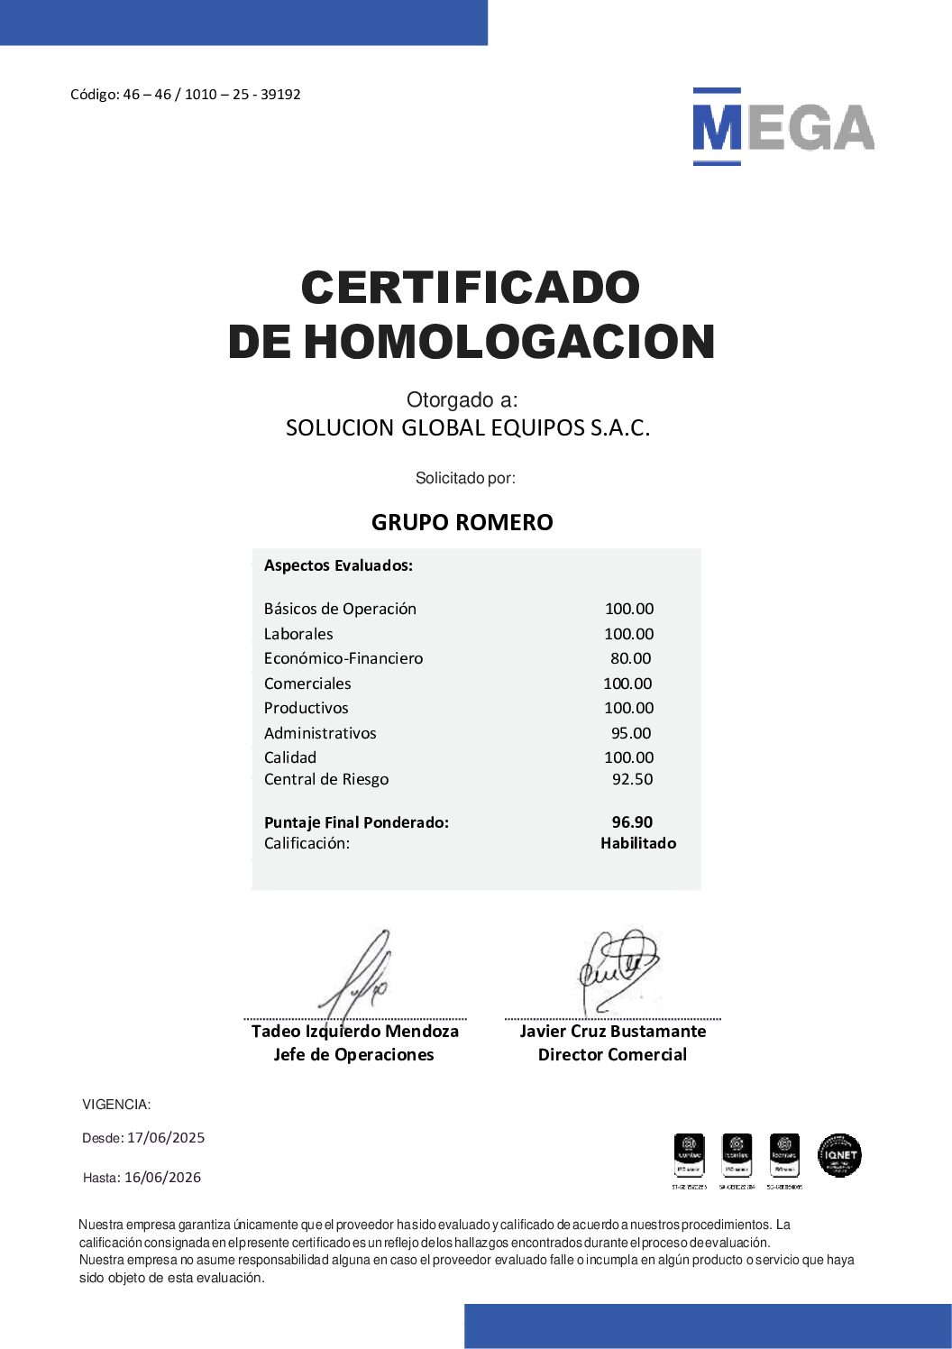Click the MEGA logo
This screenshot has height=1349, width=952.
pyautogui.click(x=783, y=127)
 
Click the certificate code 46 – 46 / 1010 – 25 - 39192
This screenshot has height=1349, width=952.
pyautogui.click(x=212, y=95)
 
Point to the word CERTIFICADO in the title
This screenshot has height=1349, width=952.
pyautogui.click(x=470, y=288)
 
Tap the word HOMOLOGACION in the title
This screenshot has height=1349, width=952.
pyautogui.click(x=509, y=342)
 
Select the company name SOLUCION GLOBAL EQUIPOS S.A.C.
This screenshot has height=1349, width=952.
pyautogui.click(x=467, y=427)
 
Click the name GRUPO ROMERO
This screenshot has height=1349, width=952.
pyautogui.click(x=462, y=522)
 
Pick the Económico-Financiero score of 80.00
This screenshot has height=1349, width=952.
pyautogui.click(x=630, y=658)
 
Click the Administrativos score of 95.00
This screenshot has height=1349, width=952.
pyautogui.click(x=630, y=733)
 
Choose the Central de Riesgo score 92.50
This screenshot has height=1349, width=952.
pyautogui.click(x=632, y=779)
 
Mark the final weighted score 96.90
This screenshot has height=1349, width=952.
pyautogui.click(x=632, y=822)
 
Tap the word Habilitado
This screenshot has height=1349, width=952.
pyautogui.click(x=638, y=843)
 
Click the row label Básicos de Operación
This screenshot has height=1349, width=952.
pyautogui.click(x=340, y=609)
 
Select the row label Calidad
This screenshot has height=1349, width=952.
pyautogui.click(x=290, y=757)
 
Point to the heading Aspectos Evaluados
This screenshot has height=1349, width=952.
pyautogui.click(x=338, y=565)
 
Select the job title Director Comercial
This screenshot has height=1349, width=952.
pyautogui.click(x=612, y=1054)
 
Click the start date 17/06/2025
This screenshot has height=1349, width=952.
pyautogui.click(x=166, y=1138)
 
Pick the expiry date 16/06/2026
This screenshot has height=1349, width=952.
pyautogui.click(x=162, y=1178)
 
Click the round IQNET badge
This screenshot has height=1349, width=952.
pyautogui.click(x=839, y=1155)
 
